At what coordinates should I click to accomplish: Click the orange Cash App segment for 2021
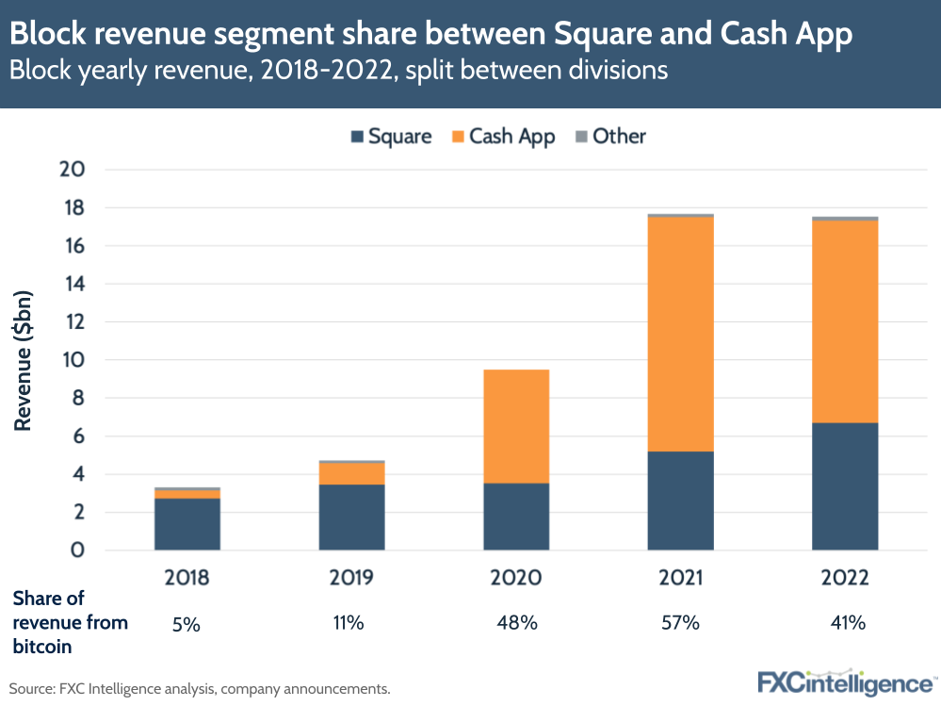coord(680,335)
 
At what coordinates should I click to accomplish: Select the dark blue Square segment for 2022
coord(845,486)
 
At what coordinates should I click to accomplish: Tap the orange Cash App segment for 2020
coord(516,426)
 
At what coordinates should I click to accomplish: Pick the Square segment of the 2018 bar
coord(187,524)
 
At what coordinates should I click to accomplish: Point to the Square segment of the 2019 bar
coord(351,517)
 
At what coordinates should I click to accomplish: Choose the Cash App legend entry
coord(503,136)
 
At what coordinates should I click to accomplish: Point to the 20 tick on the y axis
coord(73,170)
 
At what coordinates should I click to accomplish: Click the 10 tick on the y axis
coord(73,360)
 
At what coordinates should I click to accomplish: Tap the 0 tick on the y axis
coord(79,550)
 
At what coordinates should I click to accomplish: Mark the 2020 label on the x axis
coord(516,578)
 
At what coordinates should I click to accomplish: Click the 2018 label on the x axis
coord(187,578)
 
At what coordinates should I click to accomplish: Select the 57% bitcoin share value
coord(680,623)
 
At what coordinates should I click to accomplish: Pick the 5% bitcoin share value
coord(187,623)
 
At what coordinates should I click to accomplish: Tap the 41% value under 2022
coord(845,623)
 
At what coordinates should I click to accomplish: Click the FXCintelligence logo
coord(845,681)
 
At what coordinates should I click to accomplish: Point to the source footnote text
coord(200,689)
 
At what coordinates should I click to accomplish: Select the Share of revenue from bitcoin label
coord(71,622)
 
